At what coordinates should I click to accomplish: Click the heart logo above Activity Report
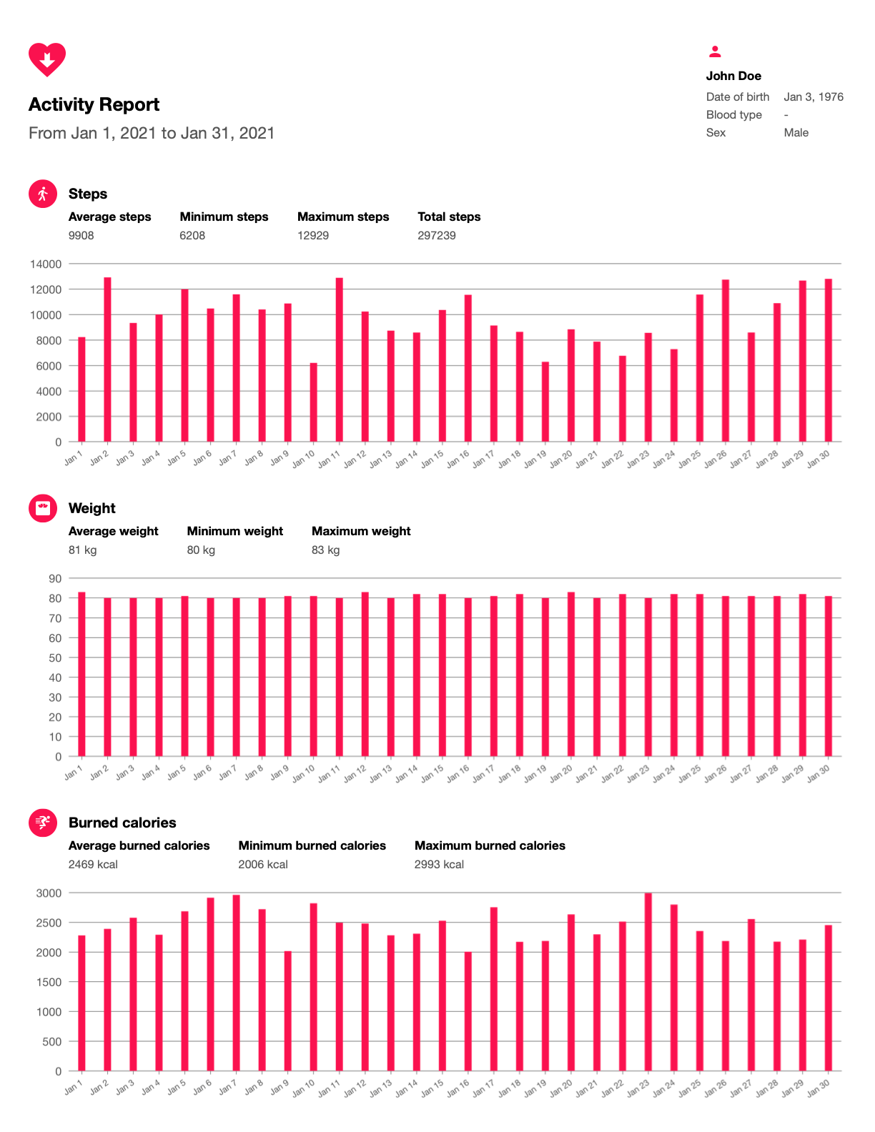click(x=47, y=59)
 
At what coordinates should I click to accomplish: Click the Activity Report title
click(x=94, y=105)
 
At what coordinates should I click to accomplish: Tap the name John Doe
click(x=733, y=76)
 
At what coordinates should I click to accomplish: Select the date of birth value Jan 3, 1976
click(x=814, y=97)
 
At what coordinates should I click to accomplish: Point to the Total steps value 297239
click(x=436, y=236)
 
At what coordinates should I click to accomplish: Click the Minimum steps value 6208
click(x=192, y=236)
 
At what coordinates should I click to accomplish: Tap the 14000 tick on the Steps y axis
click(x=46, y=264)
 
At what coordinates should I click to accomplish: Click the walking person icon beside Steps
click(x=43, y=194)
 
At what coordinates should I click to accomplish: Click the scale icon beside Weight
click(x=43, y=508)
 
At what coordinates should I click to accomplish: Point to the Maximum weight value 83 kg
click(x=325, y=550)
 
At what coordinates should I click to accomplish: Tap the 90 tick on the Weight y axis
click(x=55, y=579)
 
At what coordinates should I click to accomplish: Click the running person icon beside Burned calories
click(x=43, y=823)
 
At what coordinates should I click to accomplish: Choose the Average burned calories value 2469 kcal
click(x=93, y=865)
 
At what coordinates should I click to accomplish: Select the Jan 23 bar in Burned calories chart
click(x=648, y=982)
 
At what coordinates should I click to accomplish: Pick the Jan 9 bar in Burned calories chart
click(x=287, y=1011)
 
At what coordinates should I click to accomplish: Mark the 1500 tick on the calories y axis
click(x=49, y=983)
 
